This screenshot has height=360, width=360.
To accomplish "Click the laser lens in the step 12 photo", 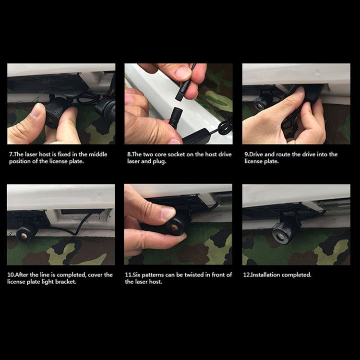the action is coord(279,235).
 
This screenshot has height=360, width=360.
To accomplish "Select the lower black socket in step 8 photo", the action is coord(176,117).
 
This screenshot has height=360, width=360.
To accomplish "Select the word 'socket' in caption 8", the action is coord(176,154).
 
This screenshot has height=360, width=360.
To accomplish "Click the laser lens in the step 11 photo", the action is coord(174,228).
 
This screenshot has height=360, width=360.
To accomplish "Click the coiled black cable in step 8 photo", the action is coord(225,125).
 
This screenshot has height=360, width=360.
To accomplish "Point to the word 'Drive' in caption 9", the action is coord(256,154).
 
